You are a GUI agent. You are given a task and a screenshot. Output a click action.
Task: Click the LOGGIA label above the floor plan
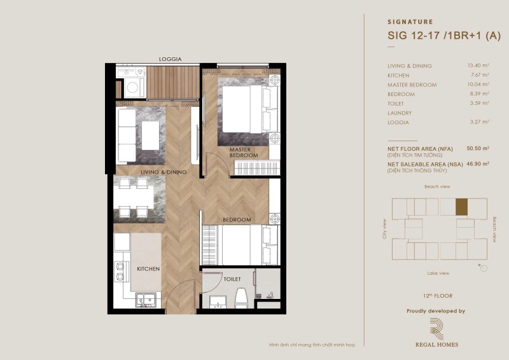pos(170,59)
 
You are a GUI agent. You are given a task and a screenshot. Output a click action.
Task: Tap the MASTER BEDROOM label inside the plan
pos(244,153)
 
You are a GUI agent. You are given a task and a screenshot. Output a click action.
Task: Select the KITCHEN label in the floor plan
pos(148,269)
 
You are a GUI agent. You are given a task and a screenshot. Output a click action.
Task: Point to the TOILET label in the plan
pos(232,279)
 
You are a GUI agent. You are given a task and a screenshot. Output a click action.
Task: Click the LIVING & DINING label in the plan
pos(164,172)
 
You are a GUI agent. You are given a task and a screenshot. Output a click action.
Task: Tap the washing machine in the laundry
pos(133,87)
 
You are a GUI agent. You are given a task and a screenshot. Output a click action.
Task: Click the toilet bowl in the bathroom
pos(241,298)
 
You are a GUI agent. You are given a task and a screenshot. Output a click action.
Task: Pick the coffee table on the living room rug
pos(150,135)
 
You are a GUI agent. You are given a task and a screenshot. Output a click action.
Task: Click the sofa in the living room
pos(127,135)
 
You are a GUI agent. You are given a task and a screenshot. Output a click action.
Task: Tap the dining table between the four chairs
pos(134,197)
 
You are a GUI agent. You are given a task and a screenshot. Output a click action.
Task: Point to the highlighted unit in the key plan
pos(462,207)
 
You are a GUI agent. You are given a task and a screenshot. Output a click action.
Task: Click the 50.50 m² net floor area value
pos(478,148)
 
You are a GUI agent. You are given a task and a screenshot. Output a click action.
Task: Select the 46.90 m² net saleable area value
pos(478,163)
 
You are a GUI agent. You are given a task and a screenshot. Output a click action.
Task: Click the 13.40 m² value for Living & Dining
pos(478,66)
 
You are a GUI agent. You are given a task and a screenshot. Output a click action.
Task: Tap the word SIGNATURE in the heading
pos(410,22)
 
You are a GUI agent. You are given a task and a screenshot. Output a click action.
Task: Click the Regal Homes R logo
pos(436,329)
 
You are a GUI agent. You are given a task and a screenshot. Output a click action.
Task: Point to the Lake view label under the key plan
pos(438,273)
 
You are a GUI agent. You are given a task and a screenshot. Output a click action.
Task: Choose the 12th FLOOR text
pos(438,296)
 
